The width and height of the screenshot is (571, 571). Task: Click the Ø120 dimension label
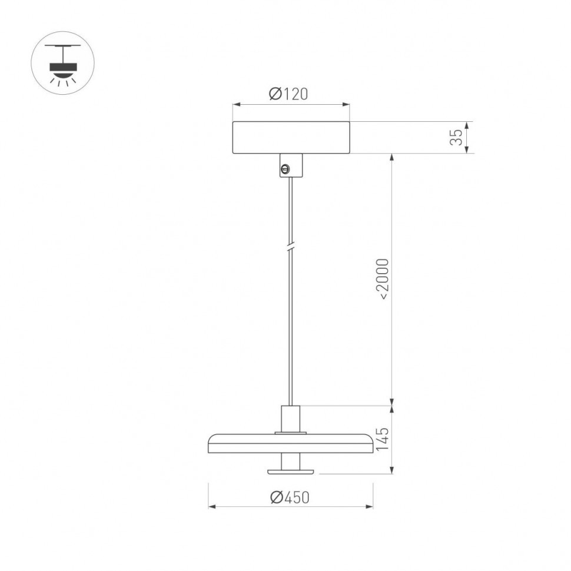coord(288,94)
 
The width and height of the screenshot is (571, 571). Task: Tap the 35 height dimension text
coord(456,138)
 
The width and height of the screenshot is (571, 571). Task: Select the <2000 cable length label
coord(383,279)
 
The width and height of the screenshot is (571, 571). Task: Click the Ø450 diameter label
coord(290,497)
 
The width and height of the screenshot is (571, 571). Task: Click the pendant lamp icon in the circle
coord(62,63)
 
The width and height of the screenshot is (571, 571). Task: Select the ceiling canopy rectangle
coord(291,138)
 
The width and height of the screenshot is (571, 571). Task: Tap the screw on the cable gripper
coord(285,170)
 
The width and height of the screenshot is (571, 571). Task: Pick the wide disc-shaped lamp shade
coord(290,443)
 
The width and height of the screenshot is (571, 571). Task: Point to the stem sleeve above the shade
coord(290,419)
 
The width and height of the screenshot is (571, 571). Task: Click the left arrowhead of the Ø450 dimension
coord(211,506)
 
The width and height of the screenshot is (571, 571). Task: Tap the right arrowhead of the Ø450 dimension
coord(370,506)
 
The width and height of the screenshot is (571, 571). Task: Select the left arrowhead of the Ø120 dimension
coord(236,105)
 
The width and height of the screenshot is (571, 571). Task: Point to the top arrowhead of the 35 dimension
coord(467,125)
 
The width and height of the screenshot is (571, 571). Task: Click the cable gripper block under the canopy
coord(291,165)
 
